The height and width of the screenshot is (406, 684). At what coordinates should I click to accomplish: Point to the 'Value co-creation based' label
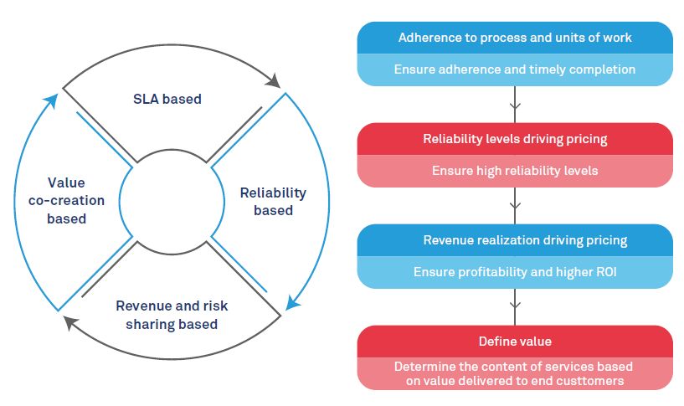(66, 200)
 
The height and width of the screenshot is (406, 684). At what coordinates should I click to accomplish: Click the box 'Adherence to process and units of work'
(515, 38)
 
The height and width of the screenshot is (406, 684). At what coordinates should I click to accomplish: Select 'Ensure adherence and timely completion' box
(515, 69)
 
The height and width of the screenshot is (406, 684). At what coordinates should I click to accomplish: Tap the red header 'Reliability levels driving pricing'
(515, 139)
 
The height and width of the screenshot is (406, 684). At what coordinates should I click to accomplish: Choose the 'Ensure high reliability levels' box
(515, 171)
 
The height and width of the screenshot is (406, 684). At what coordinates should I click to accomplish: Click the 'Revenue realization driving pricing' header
(515, 240)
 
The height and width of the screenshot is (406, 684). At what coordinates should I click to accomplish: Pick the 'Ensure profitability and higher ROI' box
(515, 272)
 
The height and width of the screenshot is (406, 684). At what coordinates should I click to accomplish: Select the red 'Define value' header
(515, 342)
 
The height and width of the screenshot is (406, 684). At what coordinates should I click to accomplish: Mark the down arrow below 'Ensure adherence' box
(515, 105)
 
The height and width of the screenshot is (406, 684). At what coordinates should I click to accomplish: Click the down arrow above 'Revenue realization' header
(515, 205)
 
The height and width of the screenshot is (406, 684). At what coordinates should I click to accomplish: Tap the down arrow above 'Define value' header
(515, 306)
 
